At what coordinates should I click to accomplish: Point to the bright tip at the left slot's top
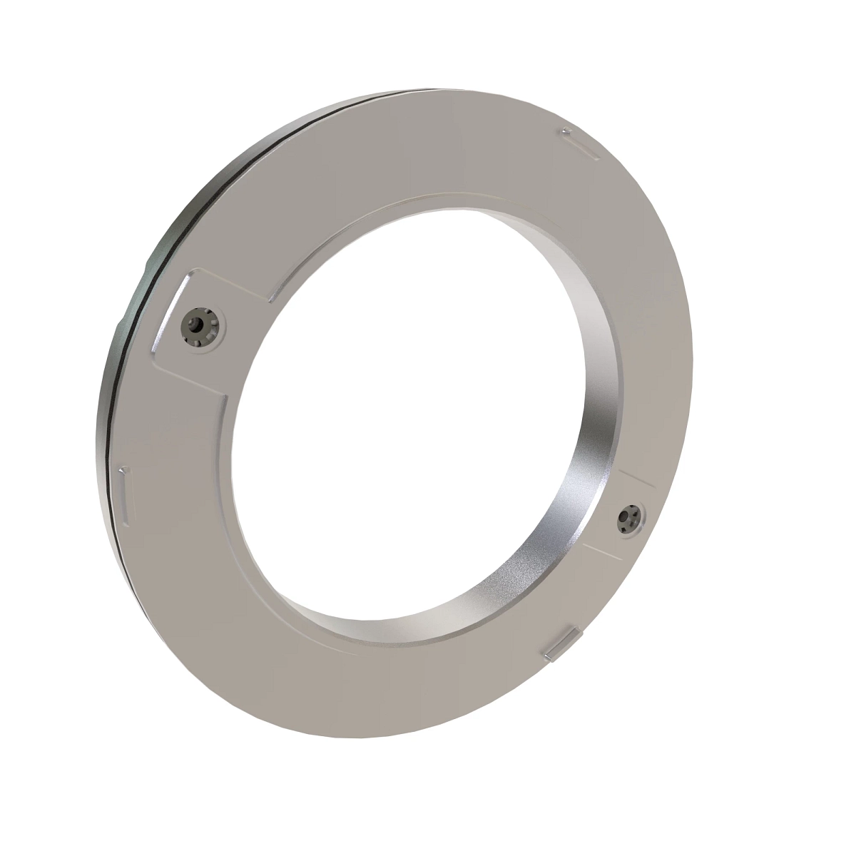click(124, 471)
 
